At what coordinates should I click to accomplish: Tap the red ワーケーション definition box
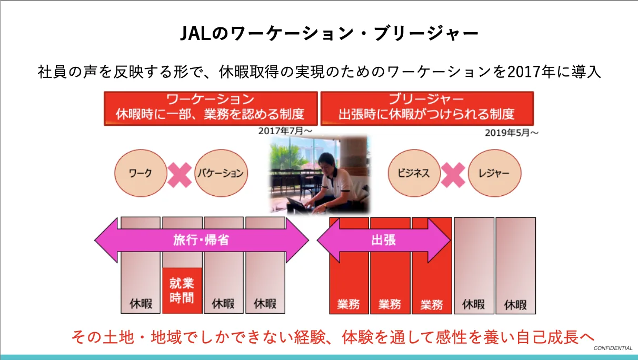click(x=211, y=108)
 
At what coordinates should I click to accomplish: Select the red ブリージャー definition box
click(x=427, y=108)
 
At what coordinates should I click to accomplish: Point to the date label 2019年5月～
click(x=512, y=133)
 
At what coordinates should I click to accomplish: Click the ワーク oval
click(x=140, y=173)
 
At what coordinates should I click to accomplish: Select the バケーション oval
click(x=221, y=173)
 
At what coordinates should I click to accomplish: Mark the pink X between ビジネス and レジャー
click(x=454, y=174)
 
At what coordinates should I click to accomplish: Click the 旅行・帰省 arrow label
click(x=201, y=241)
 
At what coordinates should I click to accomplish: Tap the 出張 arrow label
click(x=383, y=241)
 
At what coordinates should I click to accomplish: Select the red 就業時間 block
click(x=182, y=291)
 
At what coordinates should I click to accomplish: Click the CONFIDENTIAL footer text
click(x=613, y=348)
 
